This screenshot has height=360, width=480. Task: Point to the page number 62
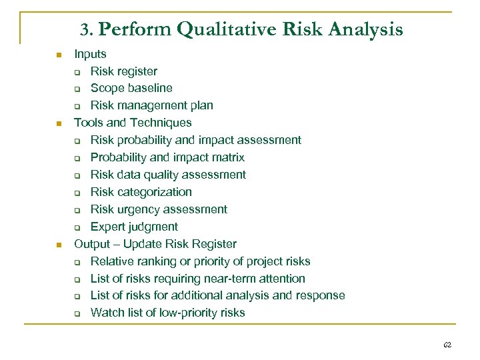click(x=447, y=345)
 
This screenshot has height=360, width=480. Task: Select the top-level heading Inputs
click(x=90, y=54)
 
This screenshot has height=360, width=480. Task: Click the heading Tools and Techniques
click(x=133, y=123)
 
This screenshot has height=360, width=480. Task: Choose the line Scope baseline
click(x=131, y=88)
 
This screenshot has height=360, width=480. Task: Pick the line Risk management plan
click(x=151, y=105)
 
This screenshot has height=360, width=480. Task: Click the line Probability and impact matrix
click(x=167, y=157)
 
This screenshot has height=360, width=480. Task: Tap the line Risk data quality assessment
click(x=168, y=175)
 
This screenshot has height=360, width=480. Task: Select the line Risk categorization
click(x=141, y=192)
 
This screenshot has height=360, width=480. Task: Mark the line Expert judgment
click(x=134, y=227)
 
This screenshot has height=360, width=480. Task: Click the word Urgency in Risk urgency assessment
click(x=139, y=209)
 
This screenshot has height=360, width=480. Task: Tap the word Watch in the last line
click(x=105, y=313)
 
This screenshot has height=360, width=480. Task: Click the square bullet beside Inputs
click(x=59, y=55)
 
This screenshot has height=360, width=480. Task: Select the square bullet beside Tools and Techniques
click(x=59, y=123)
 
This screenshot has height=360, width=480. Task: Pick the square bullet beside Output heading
click(x=59, y=245)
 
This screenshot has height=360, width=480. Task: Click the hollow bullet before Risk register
click(x=77, y=71)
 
